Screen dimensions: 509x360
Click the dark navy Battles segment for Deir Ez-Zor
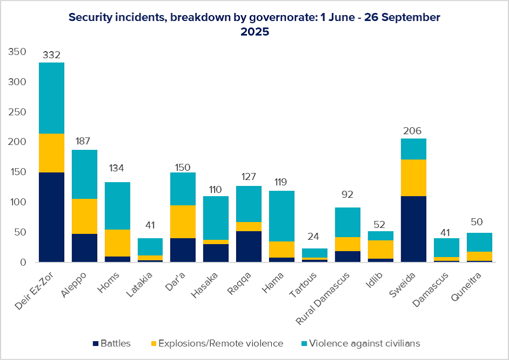[51, 217]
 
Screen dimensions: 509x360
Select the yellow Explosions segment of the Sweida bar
[414, 178]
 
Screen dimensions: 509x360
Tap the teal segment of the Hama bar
[282, 216]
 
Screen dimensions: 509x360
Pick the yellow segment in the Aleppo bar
[85, 216]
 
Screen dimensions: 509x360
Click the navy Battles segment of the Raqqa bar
[249, 246]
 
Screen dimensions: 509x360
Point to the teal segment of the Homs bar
[117, 206]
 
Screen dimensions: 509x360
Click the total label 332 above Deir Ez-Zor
[52, 55]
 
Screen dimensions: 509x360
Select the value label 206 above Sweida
[412, 131]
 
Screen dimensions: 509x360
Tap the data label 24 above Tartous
[313, 237]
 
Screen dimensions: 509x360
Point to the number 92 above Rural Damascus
[347, 194]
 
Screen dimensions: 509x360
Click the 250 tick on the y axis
[17, 112]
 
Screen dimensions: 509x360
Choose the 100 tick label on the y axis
[17, 202]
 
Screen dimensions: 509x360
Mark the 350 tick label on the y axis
[17, 52]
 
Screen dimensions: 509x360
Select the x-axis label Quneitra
[466, 286]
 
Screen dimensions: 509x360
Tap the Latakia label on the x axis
[139, 285]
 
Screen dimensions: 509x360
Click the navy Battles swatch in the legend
[95, 343]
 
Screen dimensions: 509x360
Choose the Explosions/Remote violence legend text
[221, 343]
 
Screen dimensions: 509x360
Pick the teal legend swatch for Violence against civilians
[304, 343]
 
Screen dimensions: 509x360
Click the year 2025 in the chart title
[255, 32]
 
